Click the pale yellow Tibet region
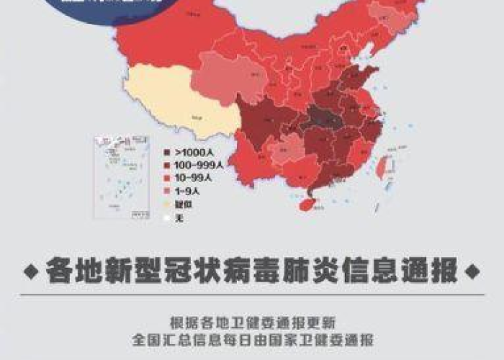180,112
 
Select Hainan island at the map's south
307,204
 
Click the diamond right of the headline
472,273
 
